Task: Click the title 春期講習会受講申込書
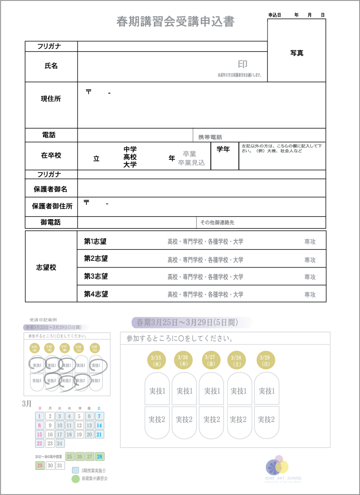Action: tap(175, 22)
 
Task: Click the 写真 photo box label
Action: tap(297, 53)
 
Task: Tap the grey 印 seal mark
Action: tap(243, 65)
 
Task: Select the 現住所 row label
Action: tap(51, 99)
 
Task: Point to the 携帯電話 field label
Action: tap(210, 137)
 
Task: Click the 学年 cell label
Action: tap(223, 150)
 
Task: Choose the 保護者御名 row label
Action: tap(50, 189)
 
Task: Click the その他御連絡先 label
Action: tap(217, 223)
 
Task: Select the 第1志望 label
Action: tap(95, 242)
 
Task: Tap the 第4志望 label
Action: tap(96, 294)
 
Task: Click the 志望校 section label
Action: tap(47, 267)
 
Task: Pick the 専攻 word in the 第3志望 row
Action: tap(310, 277)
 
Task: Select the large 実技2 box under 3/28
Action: tap(239, 420)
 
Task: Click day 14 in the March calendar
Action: tap(99, 425)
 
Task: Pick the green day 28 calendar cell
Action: tap(99, 456)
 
